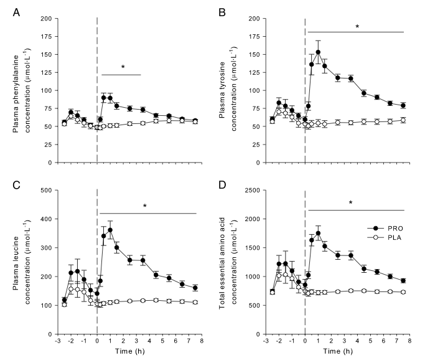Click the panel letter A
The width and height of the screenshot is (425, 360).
[16, 12]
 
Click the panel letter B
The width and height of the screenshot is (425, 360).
[222, 12]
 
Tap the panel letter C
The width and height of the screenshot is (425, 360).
[16, 185]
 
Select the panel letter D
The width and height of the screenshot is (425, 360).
[222, 185]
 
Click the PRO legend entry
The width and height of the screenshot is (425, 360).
[385, 229]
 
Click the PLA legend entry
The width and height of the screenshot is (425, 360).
[385, 238]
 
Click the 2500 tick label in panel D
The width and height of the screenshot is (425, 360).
[253, 190]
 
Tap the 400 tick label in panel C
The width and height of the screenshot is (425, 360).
[46, 219]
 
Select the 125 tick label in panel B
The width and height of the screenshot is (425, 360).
[255, 72]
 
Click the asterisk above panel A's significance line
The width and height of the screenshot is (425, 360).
[123, 67]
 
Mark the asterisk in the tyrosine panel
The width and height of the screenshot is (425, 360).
[357, 27]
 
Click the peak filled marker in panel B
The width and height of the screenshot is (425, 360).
[318, 52]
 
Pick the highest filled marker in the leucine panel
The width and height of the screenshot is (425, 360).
[110, 230]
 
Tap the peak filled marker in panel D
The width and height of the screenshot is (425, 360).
[318, 234]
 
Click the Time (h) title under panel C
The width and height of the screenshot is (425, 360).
[130, 351]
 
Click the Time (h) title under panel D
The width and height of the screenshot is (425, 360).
[338, 351]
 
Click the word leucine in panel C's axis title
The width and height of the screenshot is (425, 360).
[16, 248]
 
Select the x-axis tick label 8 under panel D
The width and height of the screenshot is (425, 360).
[409, 341]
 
